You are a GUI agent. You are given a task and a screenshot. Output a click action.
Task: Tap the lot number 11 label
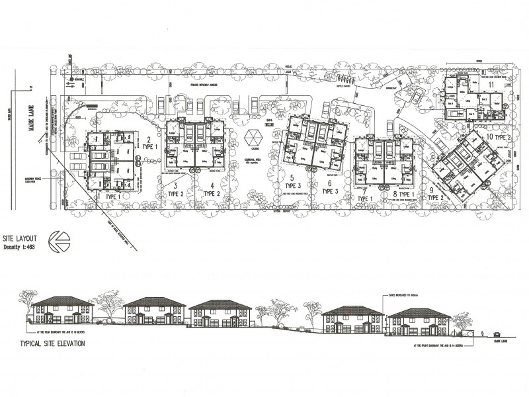tap(491, 85)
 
